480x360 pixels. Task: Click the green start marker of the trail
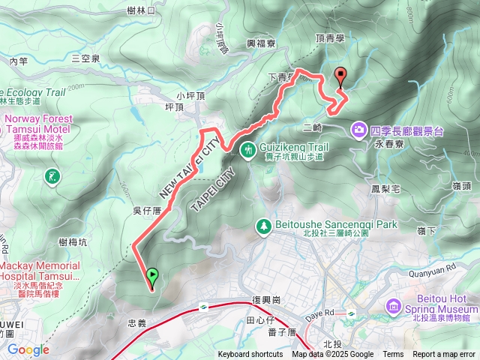pos(152,276)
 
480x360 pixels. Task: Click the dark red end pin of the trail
pos(341,76)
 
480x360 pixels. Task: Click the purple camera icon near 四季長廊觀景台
pos(358,130)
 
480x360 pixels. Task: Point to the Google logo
pos(28,349)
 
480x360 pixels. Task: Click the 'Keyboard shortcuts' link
pos(250,355)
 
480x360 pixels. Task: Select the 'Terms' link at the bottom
pos(393,355)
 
